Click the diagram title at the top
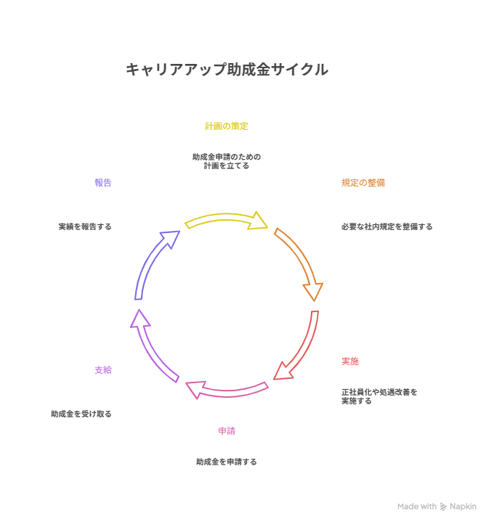[226, 70]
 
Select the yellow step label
[227, 127]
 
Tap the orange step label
[364, 184]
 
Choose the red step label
[350, 361]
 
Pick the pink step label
[227, 430]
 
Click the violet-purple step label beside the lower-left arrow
[104, 371]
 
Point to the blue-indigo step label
[104, 184]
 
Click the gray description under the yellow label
[227, 162]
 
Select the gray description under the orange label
[386, 226]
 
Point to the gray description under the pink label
[227, 462]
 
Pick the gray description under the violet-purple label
[81, 413]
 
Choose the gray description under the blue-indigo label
[87, 226]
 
